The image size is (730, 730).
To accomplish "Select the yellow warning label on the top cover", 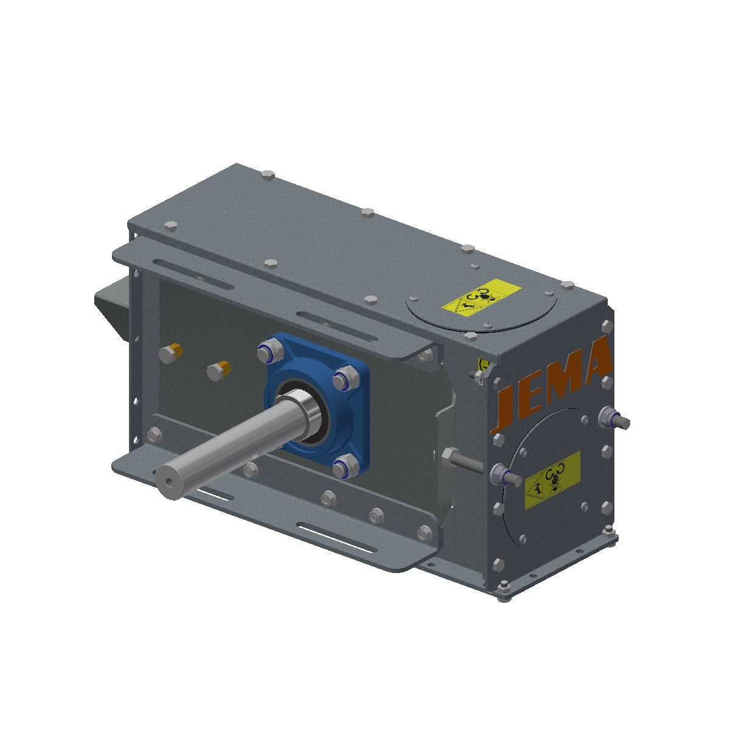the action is pyautogui.click(x=481, y=299).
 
